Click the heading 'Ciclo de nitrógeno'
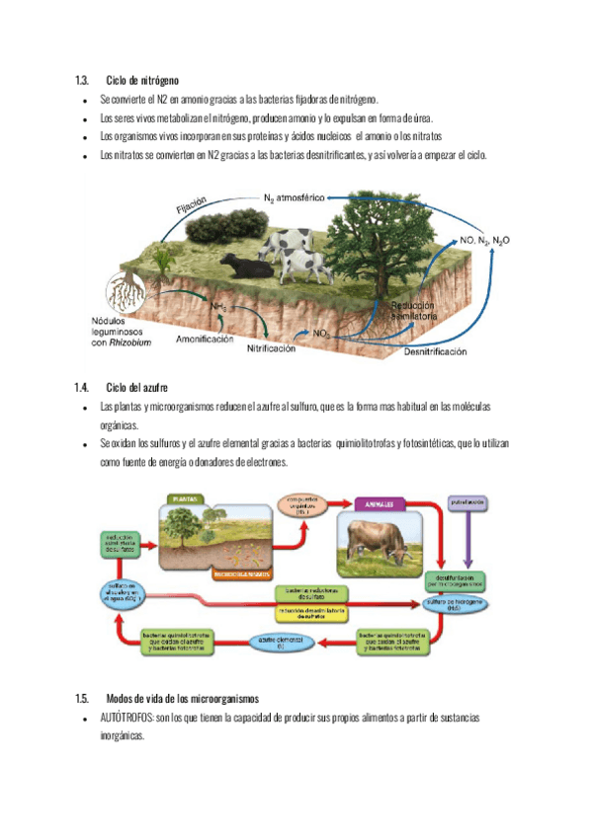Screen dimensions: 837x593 coord(142,79)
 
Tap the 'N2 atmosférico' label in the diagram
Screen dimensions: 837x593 coord(294,197)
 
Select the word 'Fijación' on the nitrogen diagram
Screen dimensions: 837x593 coord(192,209)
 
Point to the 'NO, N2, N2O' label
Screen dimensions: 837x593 coord(485,240)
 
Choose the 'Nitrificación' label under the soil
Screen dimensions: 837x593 coord(272,348)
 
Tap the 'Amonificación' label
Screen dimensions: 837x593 coord(205,339)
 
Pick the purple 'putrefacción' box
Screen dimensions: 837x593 coord(468,501)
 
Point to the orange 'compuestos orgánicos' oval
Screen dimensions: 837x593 coord(301,506)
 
